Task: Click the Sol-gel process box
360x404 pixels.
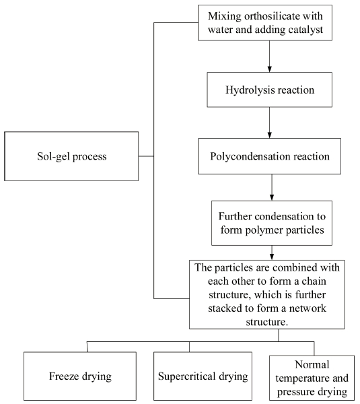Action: coord(71,156)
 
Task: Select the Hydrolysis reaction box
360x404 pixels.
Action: coord(269,90)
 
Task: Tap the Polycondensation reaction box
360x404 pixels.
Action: coord(269,156)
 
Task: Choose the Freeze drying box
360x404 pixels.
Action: coord(80,376)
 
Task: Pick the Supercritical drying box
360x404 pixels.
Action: coord(203,376)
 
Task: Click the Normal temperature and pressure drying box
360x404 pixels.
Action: coord(312,378)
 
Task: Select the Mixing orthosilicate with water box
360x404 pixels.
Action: coord(265,23)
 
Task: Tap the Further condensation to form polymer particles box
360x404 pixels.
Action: coord(272,223)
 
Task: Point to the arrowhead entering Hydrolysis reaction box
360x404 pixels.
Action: coord(269,69)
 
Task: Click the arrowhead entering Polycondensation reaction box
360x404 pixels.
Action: coord(269,135)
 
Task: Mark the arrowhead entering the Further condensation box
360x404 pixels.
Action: coord(272,197)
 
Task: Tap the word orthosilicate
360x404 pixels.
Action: coord(271,16)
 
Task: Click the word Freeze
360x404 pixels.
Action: coord(64,376)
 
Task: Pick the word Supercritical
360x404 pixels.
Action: coord(187,376)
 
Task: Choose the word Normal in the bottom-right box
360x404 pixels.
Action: coord(312,364)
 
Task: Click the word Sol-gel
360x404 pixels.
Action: coord(53,157)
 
